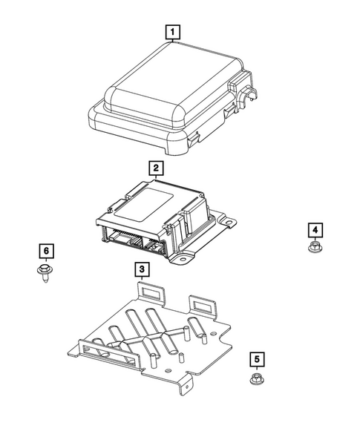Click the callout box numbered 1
tap(172, 32)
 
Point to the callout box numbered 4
tap(314, 229)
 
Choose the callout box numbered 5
tap(255, 360)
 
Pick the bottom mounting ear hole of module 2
tap(183, 258)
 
